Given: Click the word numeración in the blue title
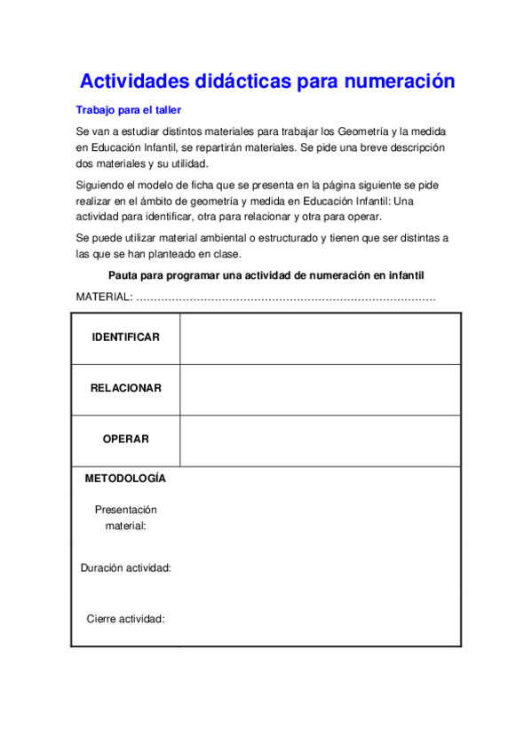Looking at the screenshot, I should [401, 82].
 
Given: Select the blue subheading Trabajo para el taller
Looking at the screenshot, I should [128, 110].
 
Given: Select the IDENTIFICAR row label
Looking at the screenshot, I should [125, 337].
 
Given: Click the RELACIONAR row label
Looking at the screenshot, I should [125, 388].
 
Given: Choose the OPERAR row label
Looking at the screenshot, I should [125, 439].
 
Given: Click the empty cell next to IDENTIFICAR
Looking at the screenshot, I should [320, 338].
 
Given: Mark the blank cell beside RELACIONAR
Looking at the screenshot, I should [320, 389].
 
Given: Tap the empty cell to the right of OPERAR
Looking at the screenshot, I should [320, 440].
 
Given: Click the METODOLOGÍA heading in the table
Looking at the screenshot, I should [125, 479].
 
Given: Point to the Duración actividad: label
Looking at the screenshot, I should [125, 567].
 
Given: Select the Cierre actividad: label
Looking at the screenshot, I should [125, 619].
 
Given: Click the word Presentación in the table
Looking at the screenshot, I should [125, 510].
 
